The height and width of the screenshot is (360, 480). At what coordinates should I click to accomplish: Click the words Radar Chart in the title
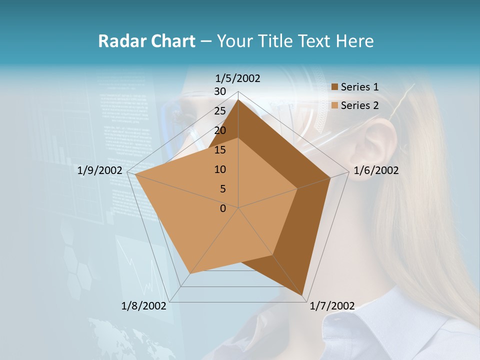[x=146, y=41]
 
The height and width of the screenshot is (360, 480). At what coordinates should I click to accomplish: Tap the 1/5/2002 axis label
[x=237, y=78]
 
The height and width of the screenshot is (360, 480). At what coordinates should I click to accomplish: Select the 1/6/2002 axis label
[x=376, y=170]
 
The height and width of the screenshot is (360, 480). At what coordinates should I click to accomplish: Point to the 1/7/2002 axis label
[x=332, y=306]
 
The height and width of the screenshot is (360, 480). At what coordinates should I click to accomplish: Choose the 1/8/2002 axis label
[x=143, y=306]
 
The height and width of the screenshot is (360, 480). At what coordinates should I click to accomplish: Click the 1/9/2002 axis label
[x=99, y=170]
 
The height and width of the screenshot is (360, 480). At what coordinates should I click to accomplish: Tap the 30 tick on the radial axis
[x=220, y=91]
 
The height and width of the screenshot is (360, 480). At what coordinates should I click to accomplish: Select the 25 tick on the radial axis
[x=220, y=111]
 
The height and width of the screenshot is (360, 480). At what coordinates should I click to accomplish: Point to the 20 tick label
[x=220, y=130]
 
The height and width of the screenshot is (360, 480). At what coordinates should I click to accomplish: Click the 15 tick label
[x=220, y=150]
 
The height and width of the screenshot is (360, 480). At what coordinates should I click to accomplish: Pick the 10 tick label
[x=220, y=169]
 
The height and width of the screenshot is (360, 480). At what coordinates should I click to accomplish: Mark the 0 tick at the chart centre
[x=223, y=208]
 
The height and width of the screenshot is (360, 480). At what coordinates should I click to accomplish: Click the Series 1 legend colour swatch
[x=335, y=87]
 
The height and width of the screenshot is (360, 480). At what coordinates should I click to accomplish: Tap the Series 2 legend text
[x=359, y=105]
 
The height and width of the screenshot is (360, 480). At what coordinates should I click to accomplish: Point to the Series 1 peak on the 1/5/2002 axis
[x=238, y=99]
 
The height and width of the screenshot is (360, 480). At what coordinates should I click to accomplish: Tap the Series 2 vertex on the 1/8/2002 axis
[x=190, y=273]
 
